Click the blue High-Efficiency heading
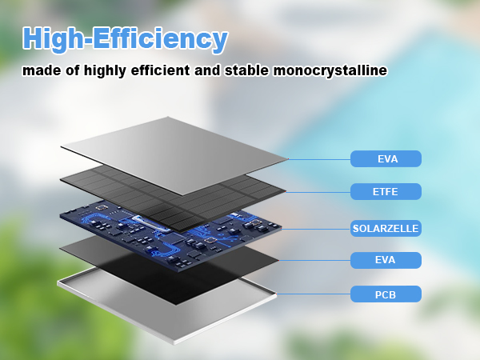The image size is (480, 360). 125,38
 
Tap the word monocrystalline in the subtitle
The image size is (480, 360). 330,70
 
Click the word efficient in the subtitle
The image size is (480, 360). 157,70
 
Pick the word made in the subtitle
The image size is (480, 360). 40,70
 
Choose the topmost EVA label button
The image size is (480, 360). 386,159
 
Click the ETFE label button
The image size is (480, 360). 386,191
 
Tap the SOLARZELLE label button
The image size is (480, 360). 386,228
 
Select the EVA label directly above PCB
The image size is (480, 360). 386,259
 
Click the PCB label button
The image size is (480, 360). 386,294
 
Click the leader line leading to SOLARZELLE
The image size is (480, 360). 316,228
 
